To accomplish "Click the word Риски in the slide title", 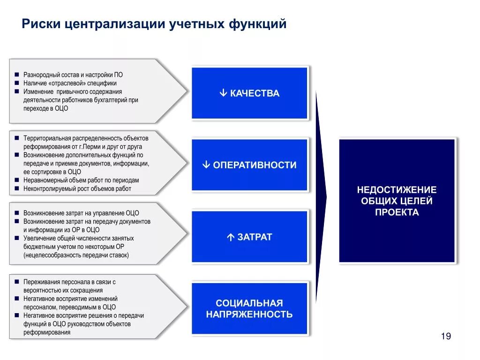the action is point(42,24).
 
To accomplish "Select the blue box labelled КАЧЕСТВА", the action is point(249,93).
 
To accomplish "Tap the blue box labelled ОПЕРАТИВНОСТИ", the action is point(249,165).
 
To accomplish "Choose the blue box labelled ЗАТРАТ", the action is point(249,237).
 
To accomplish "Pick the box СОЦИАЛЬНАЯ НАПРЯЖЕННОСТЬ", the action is point(249,308).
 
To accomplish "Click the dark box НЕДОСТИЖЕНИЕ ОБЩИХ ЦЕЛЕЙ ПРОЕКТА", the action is point(397,201).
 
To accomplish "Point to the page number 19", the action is point(446,336).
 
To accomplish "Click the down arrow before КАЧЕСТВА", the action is point(223,93).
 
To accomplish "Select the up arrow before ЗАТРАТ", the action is point(230,237).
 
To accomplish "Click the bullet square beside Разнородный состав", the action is point(16,75).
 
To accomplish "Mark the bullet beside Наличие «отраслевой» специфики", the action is point(16,83).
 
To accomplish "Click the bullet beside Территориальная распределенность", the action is point(16,138).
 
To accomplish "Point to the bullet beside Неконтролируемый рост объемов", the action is point(16,188).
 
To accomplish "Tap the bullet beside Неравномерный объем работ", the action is point(16,180).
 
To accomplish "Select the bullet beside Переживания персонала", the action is point(16,282).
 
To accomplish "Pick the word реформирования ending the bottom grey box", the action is point(47,332).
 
